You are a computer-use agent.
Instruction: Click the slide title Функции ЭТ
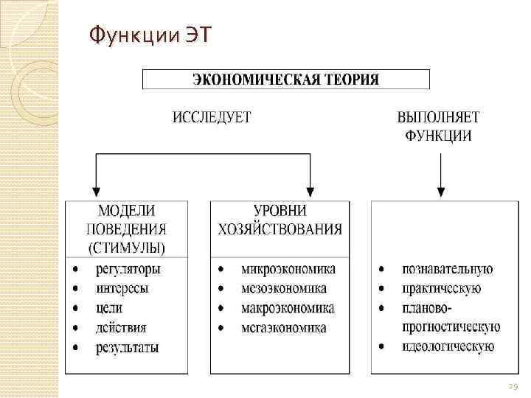tap(148, 34)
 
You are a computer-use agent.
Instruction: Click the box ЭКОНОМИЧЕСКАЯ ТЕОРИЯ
tap(285, 79)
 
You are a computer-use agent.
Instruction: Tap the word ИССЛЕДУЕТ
tap(212, 117)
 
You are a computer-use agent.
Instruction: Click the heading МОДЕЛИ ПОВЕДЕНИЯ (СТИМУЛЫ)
tap(126, 228)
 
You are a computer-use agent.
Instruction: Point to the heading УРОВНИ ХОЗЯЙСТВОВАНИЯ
tap(280, 219)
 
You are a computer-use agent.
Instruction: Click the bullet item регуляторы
tap(128, 269)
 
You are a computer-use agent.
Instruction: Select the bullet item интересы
tap(122, 288)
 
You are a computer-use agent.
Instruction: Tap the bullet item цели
tap(109, 307)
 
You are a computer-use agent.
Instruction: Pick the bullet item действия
tap(121, 327)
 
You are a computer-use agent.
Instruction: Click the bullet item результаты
tap(127, 346)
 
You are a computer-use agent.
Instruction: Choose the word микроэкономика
tap(288, 269)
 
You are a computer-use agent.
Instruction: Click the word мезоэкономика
tap(284, 288)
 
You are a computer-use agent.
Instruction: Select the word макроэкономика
tap(288, 308)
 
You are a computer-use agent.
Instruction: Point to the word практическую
tap(442, 288)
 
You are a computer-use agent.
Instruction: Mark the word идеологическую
tap(448, 346)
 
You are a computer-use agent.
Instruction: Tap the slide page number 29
tap(513, 385)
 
